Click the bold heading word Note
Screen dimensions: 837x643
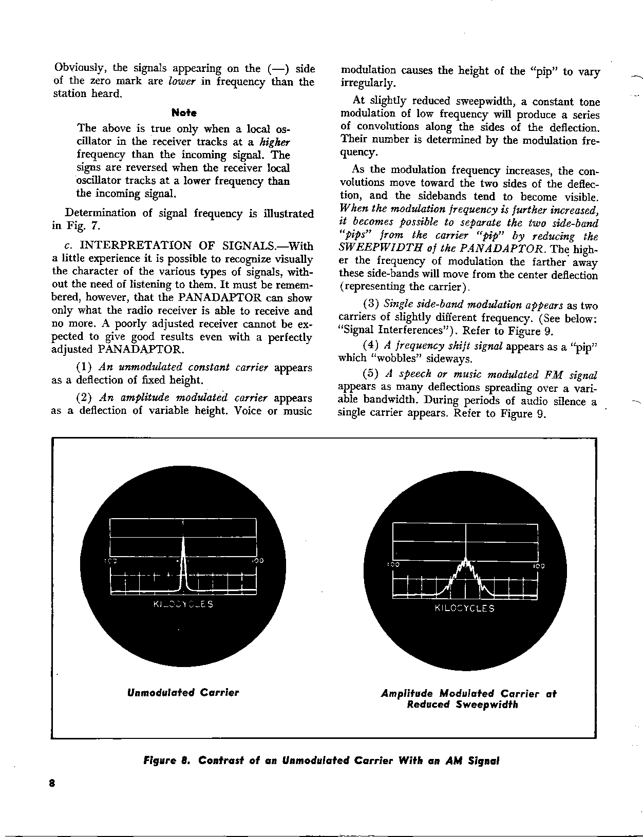point(184,112)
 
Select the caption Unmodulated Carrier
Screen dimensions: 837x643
point(183,693)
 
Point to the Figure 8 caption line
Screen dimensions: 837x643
point(322,760)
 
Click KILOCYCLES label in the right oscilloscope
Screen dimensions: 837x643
point(464,608)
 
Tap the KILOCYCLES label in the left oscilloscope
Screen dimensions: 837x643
point(183,604)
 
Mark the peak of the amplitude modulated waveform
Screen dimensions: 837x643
point(465,560)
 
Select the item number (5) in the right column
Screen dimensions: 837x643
point(371,375)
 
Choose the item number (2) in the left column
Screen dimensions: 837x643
point(84,398)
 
